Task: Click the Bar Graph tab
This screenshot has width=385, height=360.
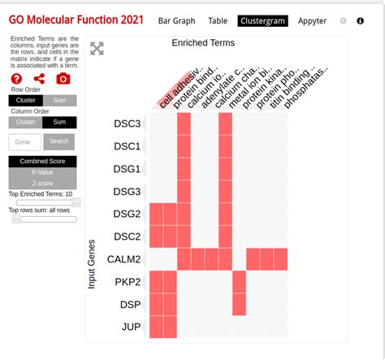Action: [176, 21]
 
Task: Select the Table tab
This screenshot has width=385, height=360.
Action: [218, 21]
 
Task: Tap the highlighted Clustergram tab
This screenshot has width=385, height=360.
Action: [262, 21]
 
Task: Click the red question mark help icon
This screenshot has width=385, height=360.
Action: [16, 79]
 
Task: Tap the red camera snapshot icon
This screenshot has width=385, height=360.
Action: [63, 79]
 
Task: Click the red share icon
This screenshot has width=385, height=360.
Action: [39, 79]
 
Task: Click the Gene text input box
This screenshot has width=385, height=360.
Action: [24, 141]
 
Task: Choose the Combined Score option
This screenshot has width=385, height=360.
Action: [42, 162]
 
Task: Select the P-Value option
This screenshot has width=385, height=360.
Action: [42, 172]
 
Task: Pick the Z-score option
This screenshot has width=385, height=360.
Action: [42, 183]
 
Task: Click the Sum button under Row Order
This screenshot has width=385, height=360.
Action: [59, 101]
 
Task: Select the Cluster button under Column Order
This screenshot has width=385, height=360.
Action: [25, 122]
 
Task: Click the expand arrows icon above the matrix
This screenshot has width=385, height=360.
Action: [97, 49]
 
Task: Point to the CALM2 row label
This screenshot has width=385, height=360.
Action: [123, 259]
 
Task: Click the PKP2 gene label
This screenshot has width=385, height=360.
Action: [127, 282]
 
